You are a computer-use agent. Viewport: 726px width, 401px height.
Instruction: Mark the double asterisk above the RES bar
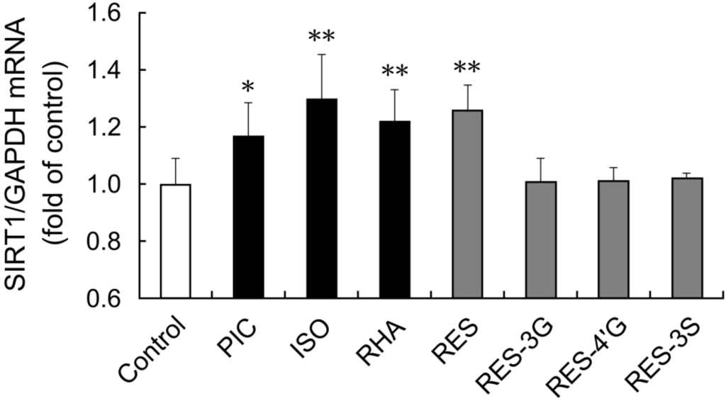[x=467, y=69]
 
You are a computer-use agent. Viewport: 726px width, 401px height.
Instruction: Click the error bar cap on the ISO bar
[x=321, y=55]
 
